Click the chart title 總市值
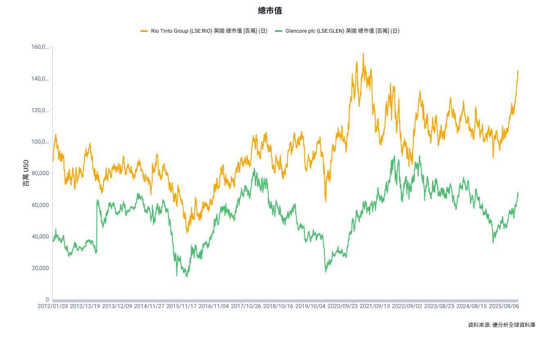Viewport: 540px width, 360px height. coord(270,11)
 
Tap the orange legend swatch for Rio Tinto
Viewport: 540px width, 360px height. coord(144,31)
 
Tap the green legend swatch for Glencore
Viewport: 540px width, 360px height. coord(278,31)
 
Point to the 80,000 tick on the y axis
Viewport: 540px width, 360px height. coord(40,173)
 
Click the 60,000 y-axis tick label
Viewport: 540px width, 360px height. coord(40,205)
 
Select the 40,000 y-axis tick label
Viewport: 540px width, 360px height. coord(40,236)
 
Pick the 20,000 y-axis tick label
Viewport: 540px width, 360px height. coord(40,268)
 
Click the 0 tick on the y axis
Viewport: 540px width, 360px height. coord(47,300)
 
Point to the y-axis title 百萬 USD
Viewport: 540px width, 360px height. coord(26,173)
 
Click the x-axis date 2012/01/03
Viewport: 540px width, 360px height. coord(52,306)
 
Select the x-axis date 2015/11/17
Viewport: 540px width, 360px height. coord(181,306)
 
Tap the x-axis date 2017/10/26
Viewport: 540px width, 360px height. coord(246,306)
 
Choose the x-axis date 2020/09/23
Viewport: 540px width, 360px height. coord(342,306)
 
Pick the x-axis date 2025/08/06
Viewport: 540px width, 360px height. coord(504,306)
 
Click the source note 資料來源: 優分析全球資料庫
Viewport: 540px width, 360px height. coord(502,325)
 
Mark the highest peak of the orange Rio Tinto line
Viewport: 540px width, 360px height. coord(363,53)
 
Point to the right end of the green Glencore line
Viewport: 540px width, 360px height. coord(518,193)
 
